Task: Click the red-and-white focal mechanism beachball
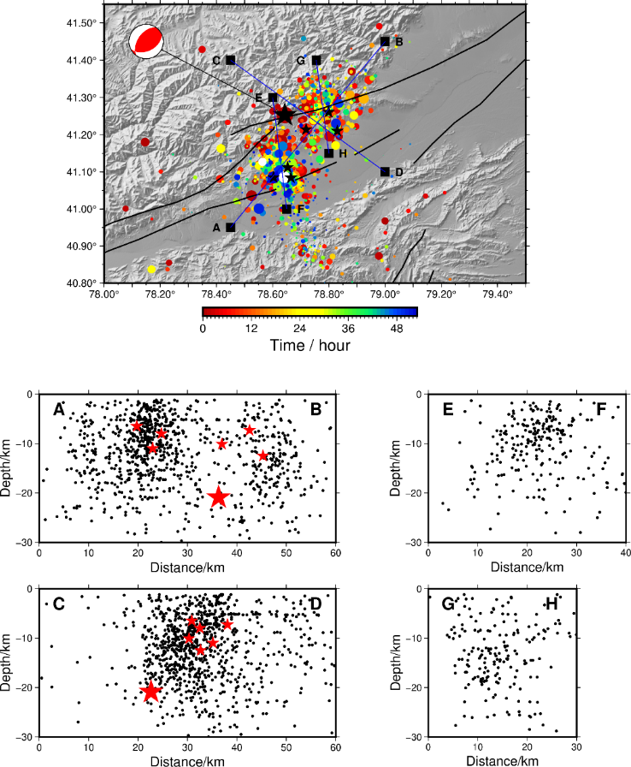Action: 146,41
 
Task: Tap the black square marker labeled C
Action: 231,60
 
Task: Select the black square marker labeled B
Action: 385,42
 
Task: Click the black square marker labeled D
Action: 385,172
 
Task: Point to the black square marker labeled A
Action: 231,228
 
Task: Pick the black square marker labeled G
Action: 316,60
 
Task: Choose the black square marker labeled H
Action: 328,153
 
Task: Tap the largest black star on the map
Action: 285,116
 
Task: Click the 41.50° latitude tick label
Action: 81,23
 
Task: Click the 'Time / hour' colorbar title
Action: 310,345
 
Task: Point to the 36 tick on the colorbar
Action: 348,328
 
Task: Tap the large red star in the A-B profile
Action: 218,497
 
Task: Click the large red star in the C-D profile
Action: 151,691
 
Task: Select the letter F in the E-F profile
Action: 601,409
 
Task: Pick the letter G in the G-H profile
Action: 448,604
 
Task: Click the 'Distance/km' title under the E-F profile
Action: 527,567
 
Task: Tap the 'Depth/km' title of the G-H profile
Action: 395,663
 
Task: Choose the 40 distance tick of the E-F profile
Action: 625,553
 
